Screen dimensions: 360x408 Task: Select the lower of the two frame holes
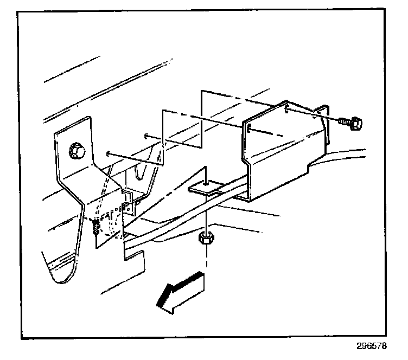(110, 153)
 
